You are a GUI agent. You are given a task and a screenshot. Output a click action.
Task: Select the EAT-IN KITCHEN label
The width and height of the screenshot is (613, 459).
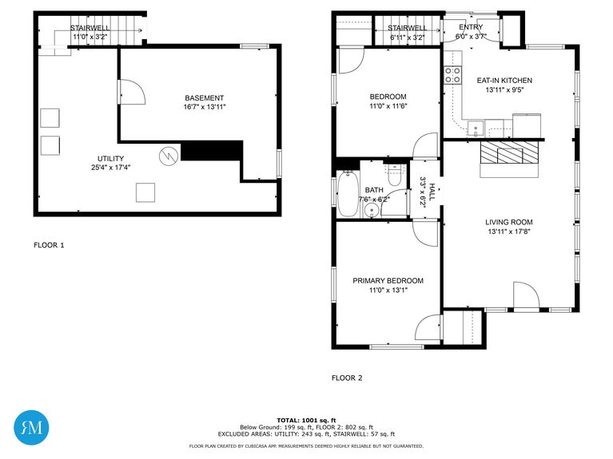(504, 81)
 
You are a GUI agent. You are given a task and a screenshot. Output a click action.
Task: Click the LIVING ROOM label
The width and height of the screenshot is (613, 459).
(508, 223)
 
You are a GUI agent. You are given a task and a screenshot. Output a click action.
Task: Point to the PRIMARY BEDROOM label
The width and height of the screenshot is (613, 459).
(388, 281)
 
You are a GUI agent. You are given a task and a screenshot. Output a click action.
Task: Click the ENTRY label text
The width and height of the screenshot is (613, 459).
(471, 28)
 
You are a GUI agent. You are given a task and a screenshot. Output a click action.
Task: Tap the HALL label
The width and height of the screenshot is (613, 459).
(432, 192)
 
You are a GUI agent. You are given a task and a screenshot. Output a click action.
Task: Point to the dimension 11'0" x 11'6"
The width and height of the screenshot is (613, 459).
(388, 106)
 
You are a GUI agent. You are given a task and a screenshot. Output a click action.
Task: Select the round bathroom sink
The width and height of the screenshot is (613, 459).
(370, 212)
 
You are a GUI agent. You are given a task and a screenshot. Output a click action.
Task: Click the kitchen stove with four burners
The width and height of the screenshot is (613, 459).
(453, 76)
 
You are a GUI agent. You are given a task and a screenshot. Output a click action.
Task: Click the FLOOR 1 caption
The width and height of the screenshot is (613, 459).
(49, 245)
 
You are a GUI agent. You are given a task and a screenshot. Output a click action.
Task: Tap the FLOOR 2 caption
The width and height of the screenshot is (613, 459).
(347, 378)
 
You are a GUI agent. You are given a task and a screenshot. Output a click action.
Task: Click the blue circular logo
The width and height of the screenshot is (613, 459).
(31, 428)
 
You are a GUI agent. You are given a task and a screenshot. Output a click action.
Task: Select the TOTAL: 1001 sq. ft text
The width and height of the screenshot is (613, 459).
(306, 420)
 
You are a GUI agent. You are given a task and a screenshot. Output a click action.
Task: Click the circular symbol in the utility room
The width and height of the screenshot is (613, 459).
(168, 155)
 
